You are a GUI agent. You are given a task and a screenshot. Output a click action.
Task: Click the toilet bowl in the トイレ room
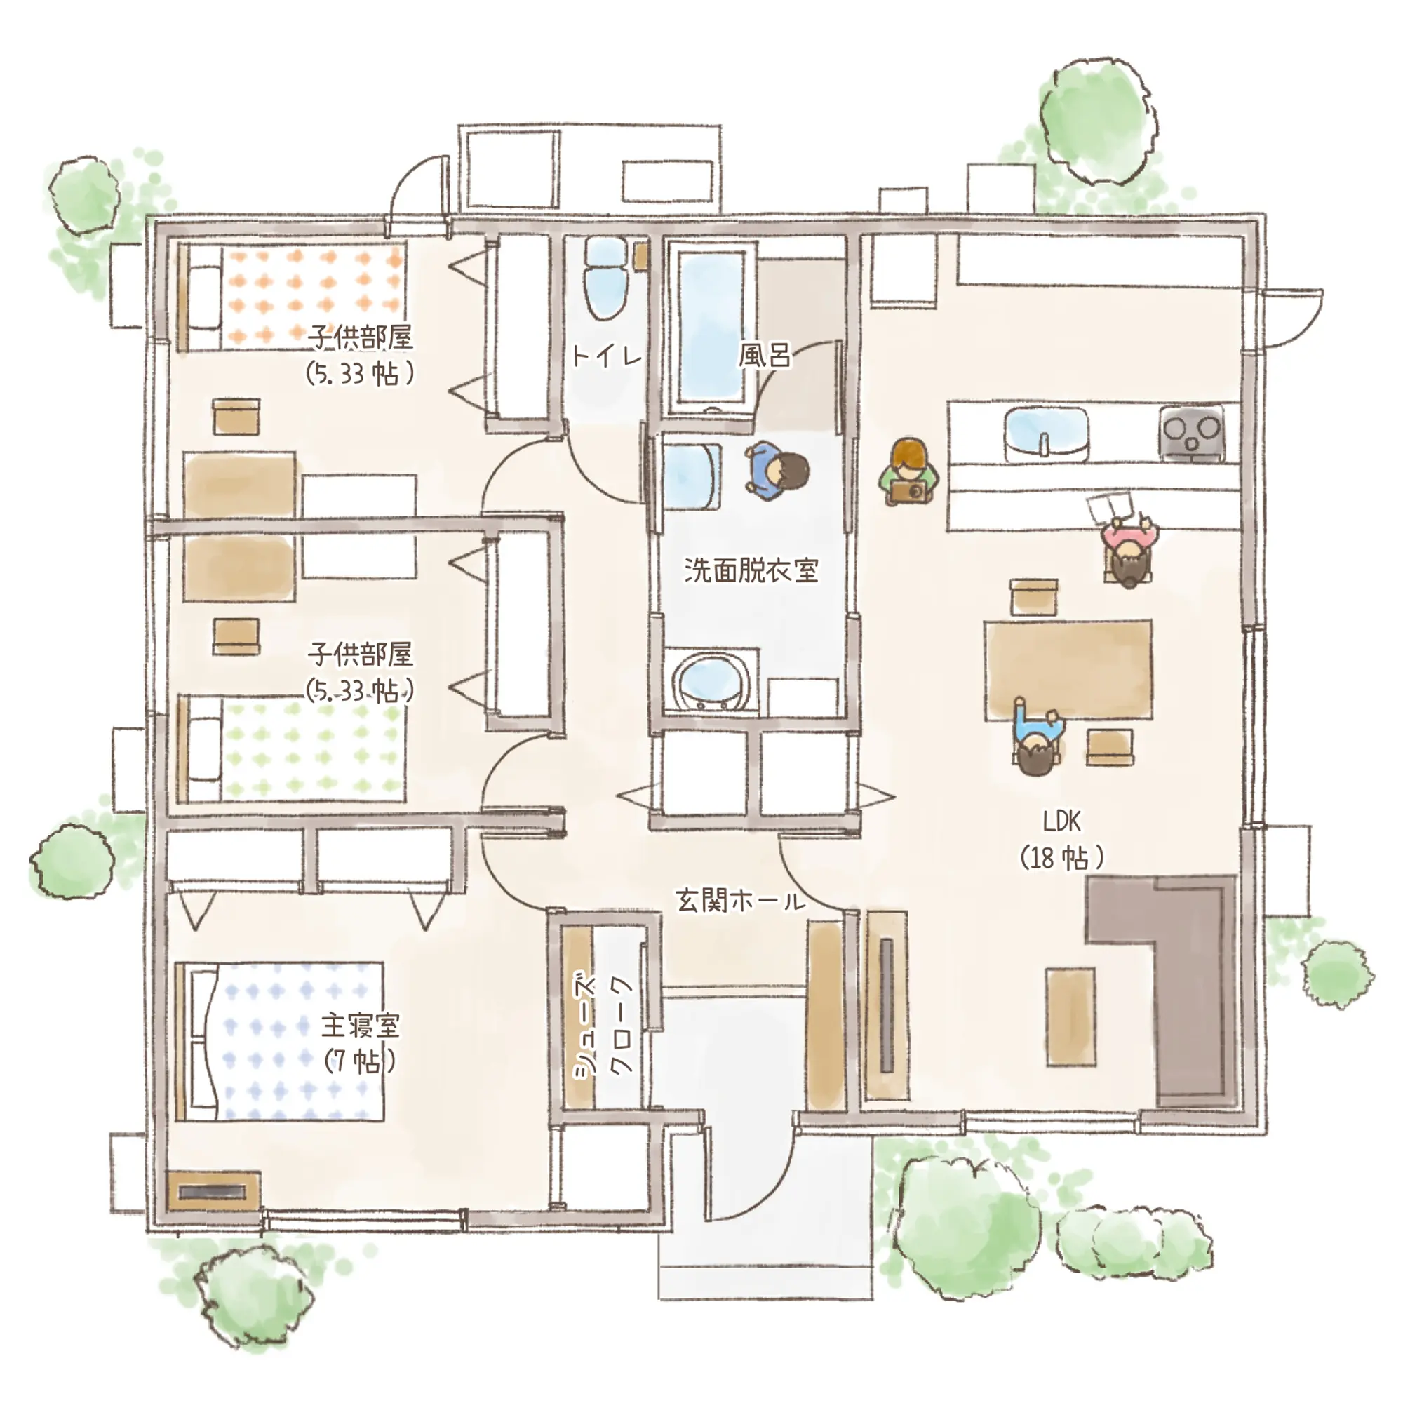tap(606, 280)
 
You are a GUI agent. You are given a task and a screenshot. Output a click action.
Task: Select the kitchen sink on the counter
tap(1047, 435)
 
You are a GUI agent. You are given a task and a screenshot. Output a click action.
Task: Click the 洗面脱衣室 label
tap(751, 570)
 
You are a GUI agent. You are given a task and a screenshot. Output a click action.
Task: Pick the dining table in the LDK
tap(1068, 669)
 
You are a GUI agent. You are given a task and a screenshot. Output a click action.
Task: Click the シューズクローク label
tap(603, 1026)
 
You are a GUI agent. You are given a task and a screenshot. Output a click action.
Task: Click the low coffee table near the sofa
tap(1070, 1016)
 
